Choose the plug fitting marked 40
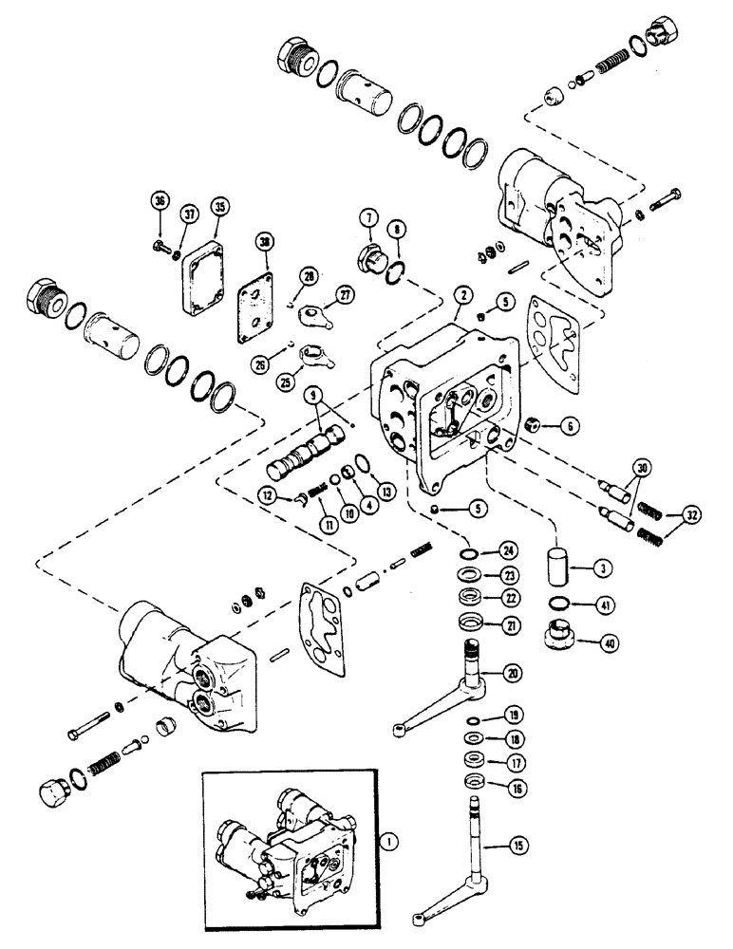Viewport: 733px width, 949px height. tap(557, 637)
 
